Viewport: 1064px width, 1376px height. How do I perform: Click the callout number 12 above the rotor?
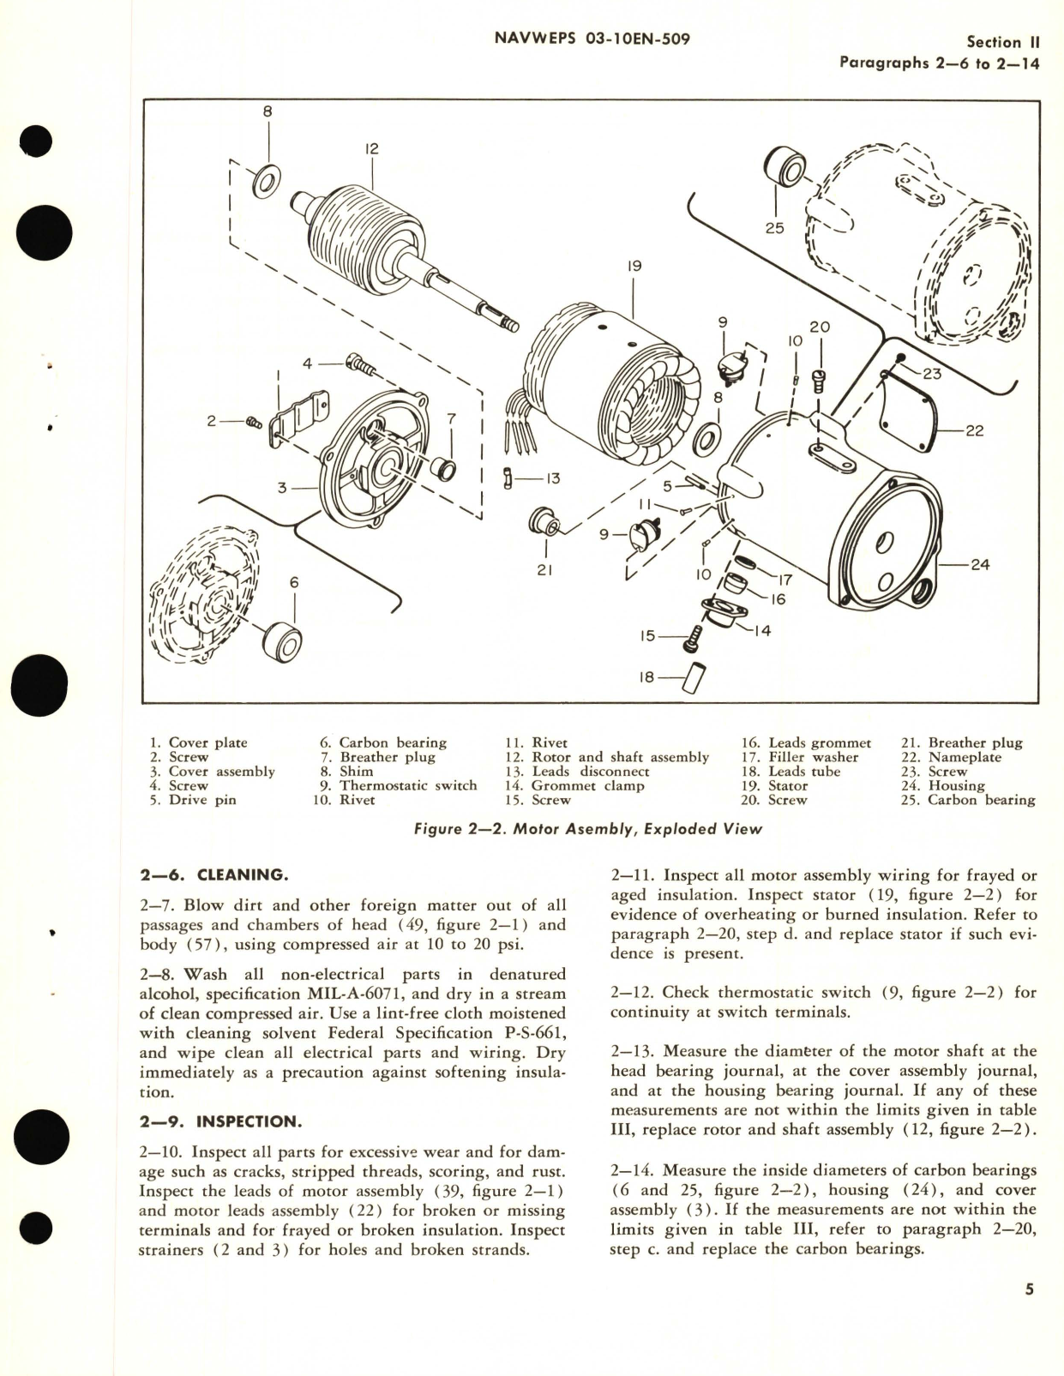(x=371, y=149)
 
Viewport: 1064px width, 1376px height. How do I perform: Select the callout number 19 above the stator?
(x=634, y=267)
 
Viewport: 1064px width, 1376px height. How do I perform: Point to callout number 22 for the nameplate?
(x=974, y=431)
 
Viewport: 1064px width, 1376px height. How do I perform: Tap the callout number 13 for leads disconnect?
(x=553, y=478)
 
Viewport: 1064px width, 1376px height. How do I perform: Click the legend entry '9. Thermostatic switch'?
(x=398, y=785)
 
